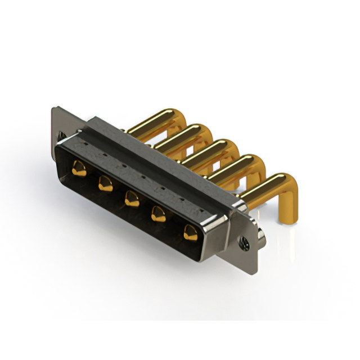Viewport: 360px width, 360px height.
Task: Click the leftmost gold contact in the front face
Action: tap(79, 168)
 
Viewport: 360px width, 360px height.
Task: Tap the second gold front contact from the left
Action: tap(105, 182)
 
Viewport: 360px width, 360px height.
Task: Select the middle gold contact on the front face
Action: tap(132, 198)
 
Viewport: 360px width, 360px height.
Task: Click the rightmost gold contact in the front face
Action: tap(190, 231)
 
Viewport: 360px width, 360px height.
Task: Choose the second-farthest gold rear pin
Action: tap(183, 136)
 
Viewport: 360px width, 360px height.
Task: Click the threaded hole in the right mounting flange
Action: tap(245, 242)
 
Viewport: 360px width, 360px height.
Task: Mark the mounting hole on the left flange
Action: tap(61, 135)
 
